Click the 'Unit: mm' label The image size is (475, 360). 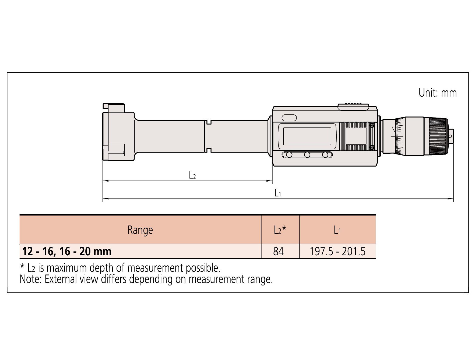coord(438,93)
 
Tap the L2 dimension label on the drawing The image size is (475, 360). coord(192,175)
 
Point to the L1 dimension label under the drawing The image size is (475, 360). coord(277,193)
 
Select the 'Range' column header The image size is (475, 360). coord(140,230)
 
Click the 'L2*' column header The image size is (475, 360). coord(280,230)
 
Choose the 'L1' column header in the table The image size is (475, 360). coord(337,230)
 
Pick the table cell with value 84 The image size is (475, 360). coord(278,251)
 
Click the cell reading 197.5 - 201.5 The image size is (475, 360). coord(337,251)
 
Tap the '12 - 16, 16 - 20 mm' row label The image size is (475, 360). coord(67,252)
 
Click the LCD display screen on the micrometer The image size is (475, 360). coord(307,136)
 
